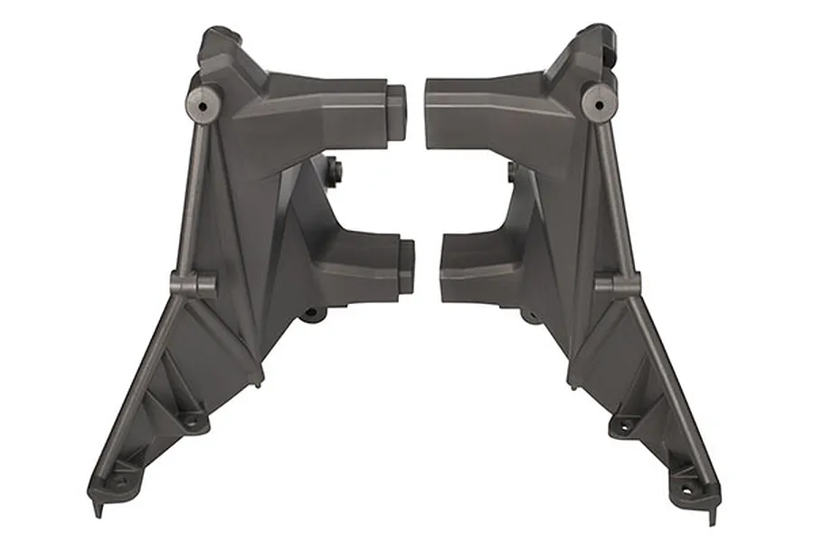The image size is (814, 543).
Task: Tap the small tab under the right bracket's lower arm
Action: (x=530, y=315)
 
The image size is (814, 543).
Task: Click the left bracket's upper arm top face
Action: (x=326, y=85)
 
